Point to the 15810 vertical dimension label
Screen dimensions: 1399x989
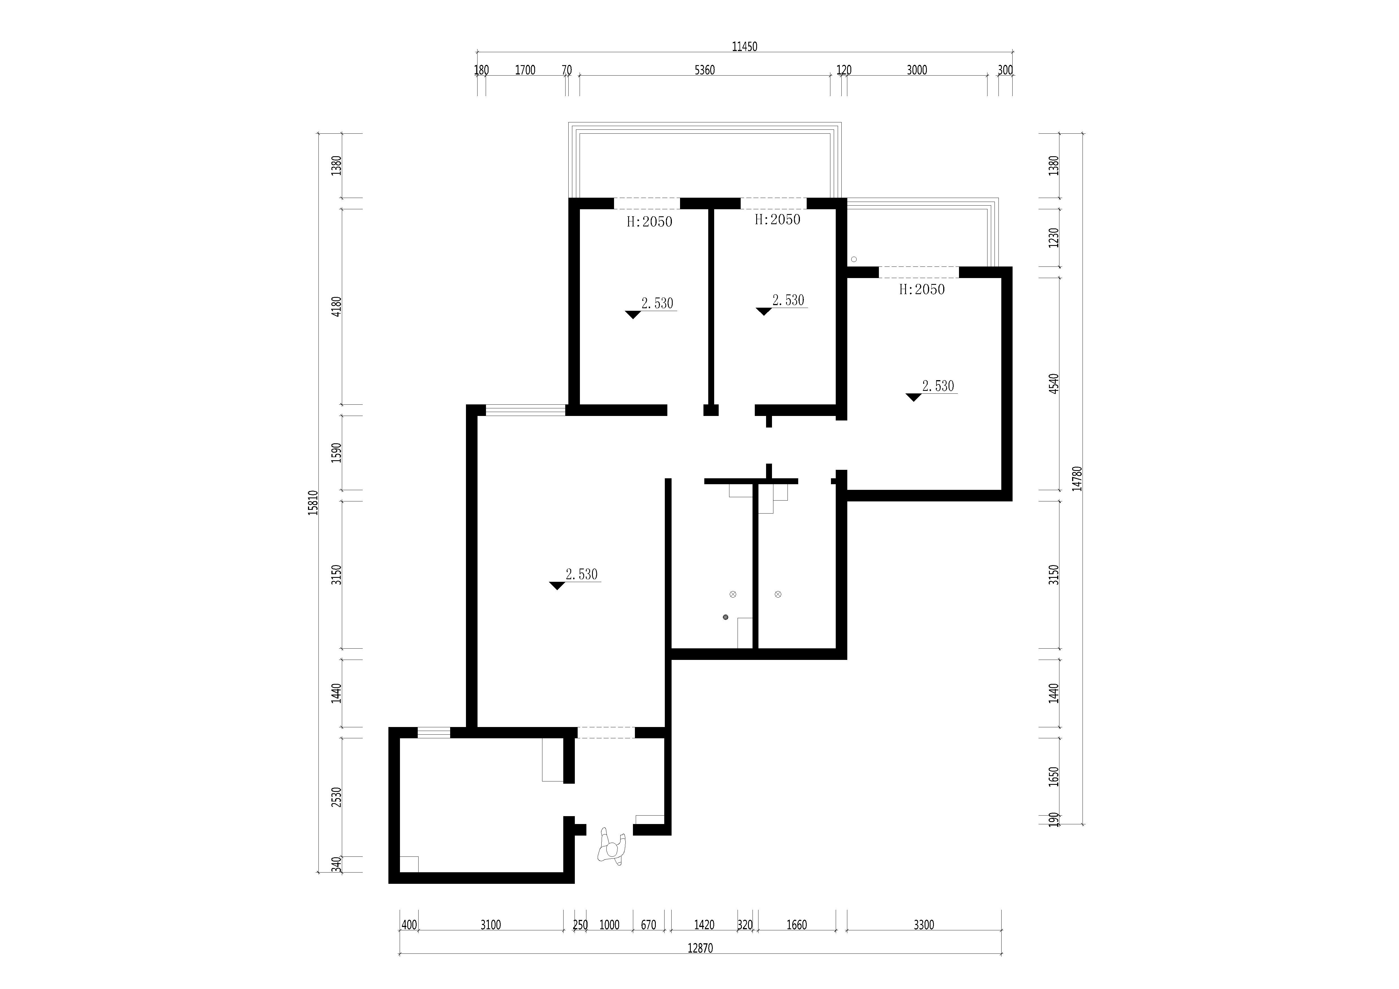(313, 503)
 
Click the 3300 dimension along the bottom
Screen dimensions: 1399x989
(924, 925)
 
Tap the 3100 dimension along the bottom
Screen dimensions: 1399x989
(490, 925)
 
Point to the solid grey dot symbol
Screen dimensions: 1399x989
(725, 617)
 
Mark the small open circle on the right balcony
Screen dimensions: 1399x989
(854, 260)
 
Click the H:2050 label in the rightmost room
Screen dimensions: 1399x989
(922, 289)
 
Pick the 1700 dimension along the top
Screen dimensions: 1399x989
(525, 70)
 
